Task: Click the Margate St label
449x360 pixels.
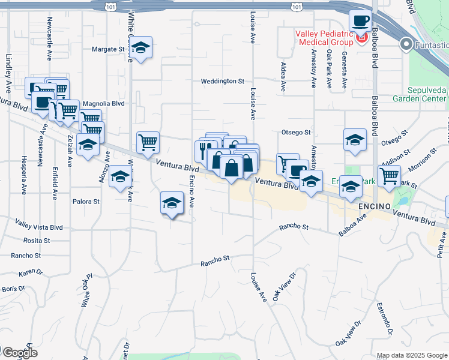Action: (107, 49)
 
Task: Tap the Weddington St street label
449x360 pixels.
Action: (223, 81)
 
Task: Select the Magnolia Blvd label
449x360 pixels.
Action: (103, 103)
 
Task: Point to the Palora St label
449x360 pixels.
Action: (85, 202)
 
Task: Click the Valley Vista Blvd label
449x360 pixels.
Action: (40, 227)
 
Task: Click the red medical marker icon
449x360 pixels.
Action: (361, 39)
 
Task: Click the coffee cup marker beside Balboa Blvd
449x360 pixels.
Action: (360, 22)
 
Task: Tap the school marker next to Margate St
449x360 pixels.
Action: (141, 48)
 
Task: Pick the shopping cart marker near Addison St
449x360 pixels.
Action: (389, 176)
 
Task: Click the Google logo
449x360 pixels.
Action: (19, 353)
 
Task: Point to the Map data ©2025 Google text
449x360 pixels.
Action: (412, 355)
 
